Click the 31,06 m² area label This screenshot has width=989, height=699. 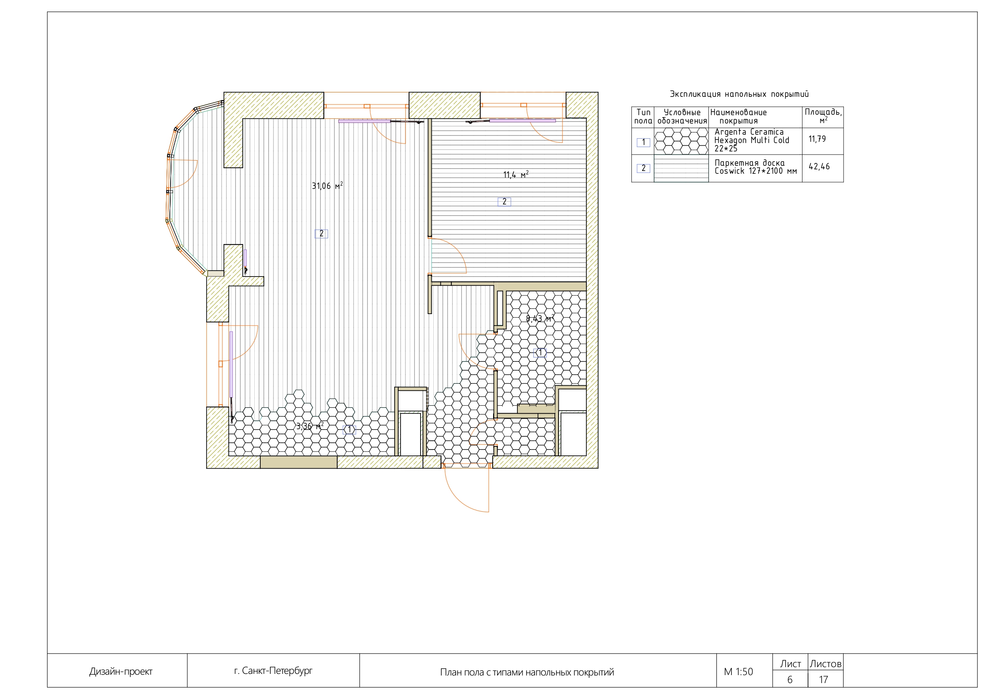click(x=327, y=186)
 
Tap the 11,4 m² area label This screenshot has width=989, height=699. click(x=515, y=175)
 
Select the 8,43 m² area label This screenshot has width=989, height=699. click(x=539, y=319)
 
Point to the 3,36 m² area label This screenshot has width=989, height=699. click(x=309, y=426)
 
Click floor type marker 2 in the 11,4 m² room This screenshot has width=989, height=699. click(x=504, y=202)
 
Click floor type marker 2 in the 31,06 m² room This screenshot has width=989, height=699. click(x=321, y=234)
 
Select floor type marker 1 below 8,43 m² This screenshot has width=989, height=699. click(x=540, y=353)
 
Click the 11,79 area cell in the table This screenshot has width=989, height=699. click(x=817, y=139)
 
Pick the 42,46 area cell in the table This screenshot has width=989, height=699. click(x=819, y=167)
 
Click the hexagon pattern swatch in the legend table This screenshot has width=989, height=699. click(x=681, y=141)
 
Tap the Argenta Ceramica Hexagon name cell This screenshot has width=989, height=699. click(x=752, y=140)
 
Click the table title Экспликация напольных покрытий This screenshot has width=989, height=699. click(x=739, y=94)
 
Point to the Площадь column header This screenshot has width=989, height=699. click(x=823, y=116)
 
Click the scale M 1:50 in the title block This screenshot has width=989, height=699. click(x=738, y=672)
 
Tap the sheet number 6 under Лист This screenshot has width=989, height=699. click(x=790, y=679)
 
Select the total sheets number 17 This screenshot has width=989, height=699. click(x=824, y=679)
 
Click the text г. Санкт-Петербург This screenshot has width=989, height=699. click(x=273, y=671)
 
